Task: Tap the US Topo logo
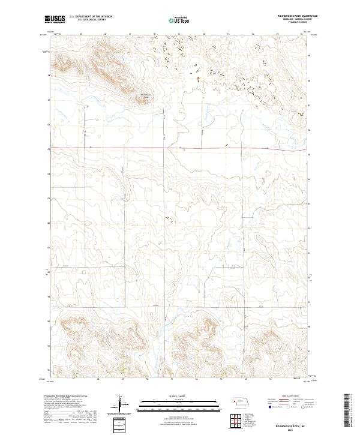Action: tap(175, 20)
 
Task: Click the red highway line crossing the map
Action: tap(180, 148)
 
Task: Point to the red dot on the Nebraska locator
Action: tap(235, 400)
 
